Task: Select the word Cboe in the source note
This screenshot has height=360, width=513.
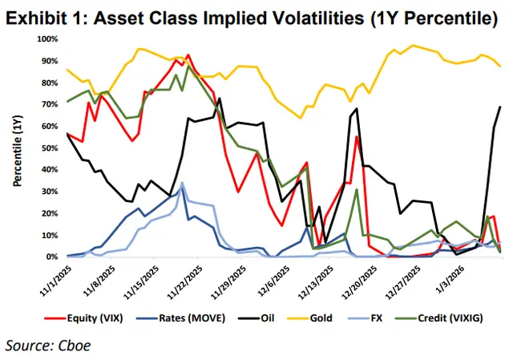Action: pyautogui.click(x=76, y=346)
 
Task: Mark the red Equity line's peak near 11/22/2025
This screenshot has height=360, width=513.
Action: pyautogui.click(x=188, y=55)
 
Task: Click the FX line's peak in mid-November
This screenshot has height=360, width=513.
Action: pyautogui.click(x=182, y=183)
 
